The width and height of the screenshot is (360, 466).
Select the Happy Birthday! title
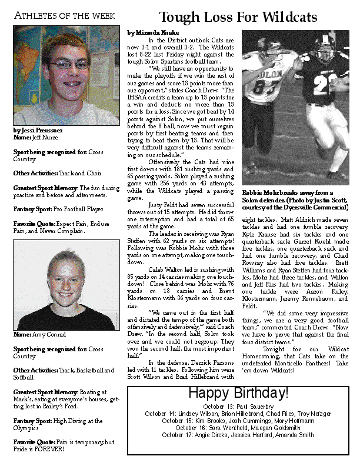(238, 393)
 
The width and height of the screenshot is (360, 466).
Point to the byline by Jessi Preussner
(38, 129)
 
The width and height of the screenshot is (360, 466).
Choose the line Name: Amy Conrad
(39, 335)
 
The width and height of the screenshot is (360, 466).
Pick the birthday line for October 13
(238, 407)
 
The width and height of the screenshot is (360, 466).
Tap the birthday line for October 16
(238, 428)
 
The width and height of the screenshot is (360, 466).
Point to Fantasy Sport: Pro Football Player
(58, 209)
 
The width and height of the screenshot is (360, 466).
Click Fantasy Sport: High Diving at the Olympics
(58, 425)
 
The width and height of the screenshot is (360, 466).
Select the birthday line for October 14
(238, 414)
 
